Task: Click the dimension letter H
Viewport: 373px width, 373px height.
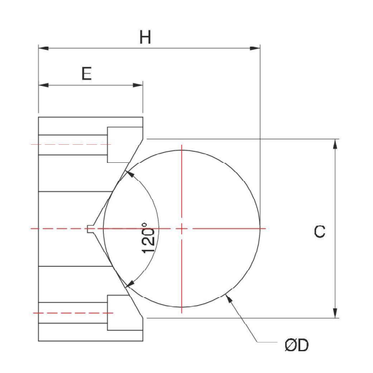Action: (x=145, y=37)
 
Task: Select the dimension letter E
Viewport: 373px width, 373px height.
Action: (x=86, y=73)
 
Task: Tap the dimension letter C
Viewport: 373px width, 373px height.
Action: (x=320, y=231)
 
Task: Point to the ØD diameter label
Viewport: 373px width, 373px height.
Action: (x=297, y=346)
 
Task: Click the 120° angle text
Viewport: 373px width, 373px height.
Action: (x=148, y=238)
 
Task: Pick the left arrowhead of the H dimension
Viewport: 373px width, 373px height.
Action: (x=44, y=48)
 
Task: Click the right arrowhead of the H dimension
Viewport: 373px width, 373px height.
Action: (x=255, y=48)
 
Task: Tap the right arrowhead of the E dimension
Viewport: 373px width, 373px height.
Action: (x=138, y=85)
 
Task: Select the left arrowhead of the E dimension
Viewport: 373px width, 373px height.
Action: (x=44, y=85)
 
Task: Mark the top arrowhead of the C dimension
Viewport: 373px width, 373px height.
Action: (x=335, y=144)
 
